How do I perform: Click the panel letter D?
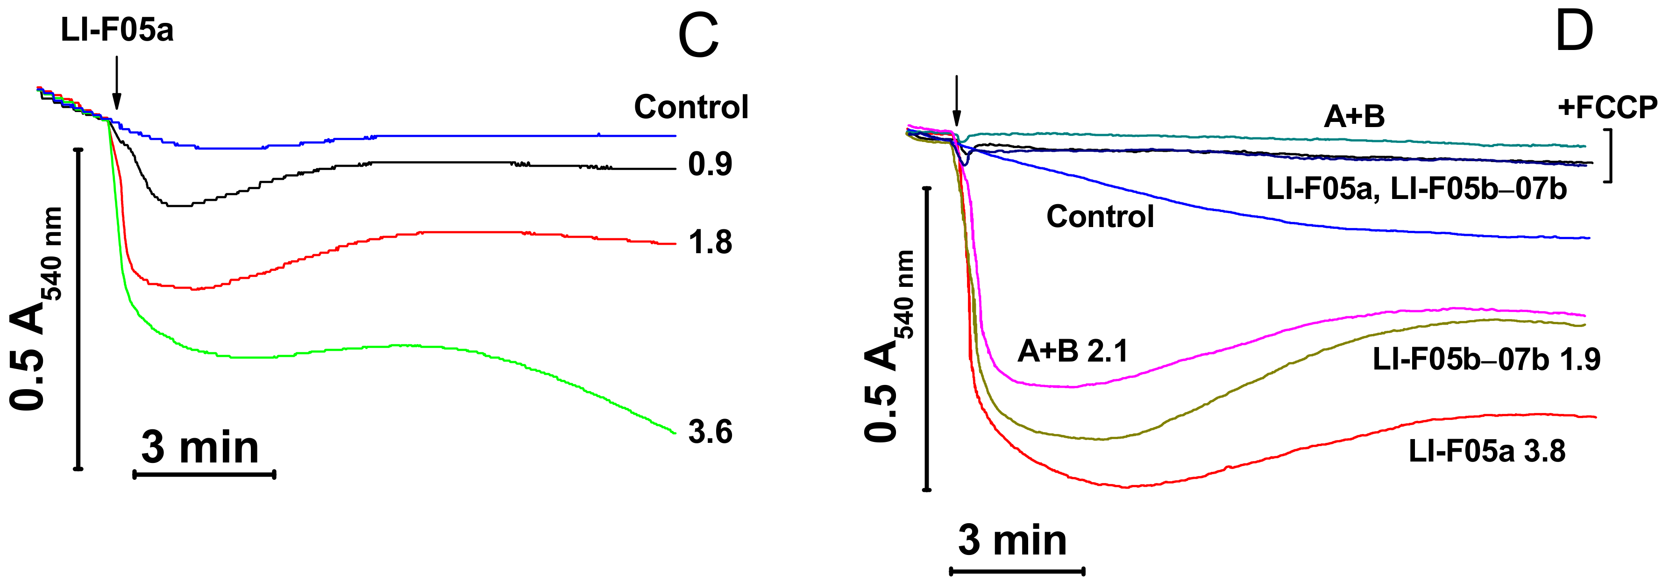[1573, 32]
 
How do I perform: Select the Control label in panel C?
[691, 107]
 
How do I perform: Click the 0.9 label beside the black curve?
[710, 164]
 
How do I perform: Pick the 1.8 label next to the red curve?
[710, 243]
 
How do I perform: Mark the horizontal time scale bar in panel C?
[204, 475]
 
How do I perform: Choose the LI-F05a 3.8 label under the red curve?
[1486, 451]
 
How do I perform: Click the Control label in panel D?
[1100, 216]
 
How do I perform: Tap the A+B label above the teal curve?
[1354, 117]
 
